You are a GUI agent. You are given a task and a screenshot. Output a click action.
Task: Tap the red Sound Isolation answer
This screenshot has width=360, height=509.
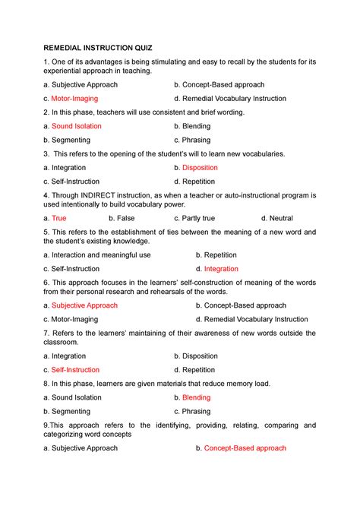(x=77, y=126)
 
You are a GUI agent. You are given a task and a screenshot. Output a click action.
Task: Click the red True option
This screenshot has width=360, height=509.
(x=59, y=218)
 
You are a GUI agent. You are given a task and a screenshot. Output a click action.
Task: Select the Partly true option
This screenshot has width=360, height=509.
(x=198, y=218)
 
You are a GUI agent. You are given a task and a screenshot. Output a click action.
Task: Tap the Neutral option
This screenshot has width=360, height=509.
(x=280, y=218)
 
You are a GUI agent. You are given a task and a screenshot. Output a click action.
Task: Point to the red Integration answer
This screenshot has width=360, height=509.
(x=221, y=269)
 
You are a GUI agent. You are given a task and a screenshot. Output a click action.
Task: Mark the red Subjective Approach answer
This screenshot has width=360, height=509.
(x=84, y=305)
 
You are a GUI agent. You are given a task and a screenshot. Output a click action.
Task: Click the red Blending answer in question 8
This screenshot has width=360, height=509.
(x=197, y=397)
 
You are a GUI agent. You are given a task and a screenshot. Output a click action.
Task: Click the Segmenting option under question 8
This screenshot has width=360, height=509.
(x=71, y=411)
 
